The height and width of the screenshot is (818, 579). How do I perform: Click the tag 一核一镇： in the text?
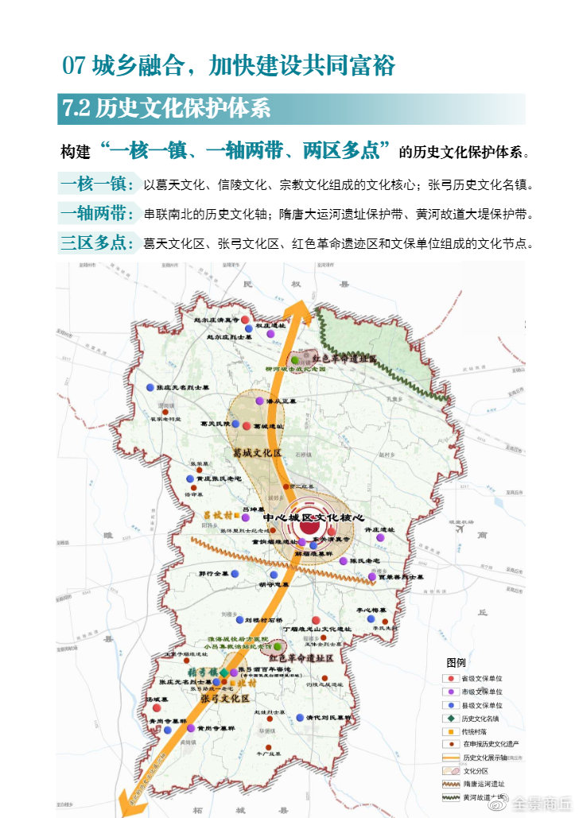[97, 185]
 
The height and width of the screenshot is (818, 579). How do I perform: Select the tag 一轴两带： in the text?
[97, 214]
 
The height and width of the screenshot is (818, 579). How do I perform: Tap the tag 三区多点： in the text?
[97, 242]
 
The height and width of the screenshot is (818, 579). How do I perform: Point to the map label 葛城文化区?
[258, 452]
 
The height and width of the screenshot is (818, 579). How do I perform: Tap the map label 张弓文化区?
[226, 698]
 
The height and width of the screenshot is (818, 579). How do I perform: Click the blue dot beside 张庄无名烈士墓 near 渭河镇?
[150, 387]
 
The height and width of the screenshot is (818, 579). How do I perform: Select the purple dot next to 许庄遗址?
[381, 537]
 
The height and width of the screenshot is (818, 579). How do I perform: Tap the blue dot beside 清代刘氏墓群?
[300, 717]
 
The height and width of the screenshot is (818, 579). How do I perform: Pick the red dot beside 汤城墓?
[157, 708]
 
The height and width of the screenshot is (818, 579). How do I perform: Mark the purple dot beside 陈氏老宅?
[344, 560]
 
